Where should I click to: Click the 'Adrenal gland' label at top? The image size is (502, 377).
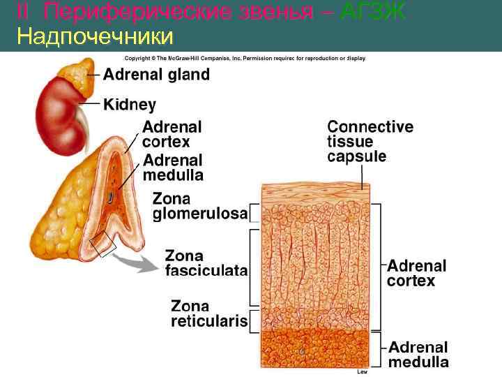156,75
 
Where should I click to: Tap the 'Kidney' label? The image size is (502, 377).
130,105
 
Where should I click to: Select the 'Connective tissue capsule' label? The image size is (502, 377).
370,142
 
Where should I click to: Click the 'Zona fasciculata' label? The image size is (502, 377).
206,263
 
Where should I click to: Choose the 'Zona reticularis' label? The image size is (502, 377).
209,313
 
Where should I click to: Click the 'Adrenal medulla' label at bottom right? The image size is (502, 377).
418,355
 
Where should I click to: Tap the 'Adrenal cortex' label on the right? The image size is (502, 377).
416,273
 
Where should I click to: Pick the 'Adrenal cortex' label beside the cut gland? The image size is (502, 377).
172,134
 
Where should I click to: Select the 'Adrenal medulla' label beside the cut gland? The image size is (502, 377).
173,167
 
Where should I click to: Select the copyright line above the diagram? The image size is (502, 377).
245,58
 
